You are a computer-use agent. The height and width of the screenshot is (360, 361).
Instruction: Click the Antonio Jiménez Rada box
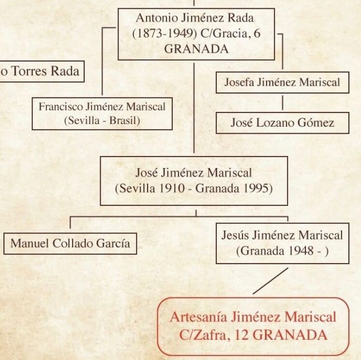pos(196,33)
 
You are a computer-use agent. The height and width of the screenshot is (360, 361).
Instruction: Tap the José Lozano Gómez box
pos(282,123)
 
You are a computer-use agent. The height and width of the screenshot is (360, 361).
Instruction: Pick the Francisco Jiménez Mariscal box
pos(102,113)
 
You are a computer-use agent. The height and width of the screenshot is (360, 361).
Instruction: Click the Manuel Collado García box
pos(70,243)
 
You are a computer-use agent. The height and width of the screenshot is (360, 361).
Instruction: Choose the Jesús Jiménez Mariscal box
pos(282,243)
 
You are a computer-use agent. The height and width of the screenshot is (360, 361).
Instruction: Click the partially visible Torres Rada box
pos(41,71)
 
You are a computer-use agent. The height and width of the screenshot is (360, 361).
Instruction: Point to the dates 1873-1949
pos(161,34)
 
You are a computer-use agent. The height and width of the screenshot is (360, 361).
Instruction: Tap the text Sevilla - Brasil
pos(102,121)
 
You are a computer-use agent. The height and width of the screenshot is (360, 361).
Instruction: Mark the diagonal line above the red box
pos(271,281)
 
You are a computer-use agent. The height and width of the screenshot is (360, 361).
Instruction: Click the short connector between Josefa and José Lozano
pos(282,102)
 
